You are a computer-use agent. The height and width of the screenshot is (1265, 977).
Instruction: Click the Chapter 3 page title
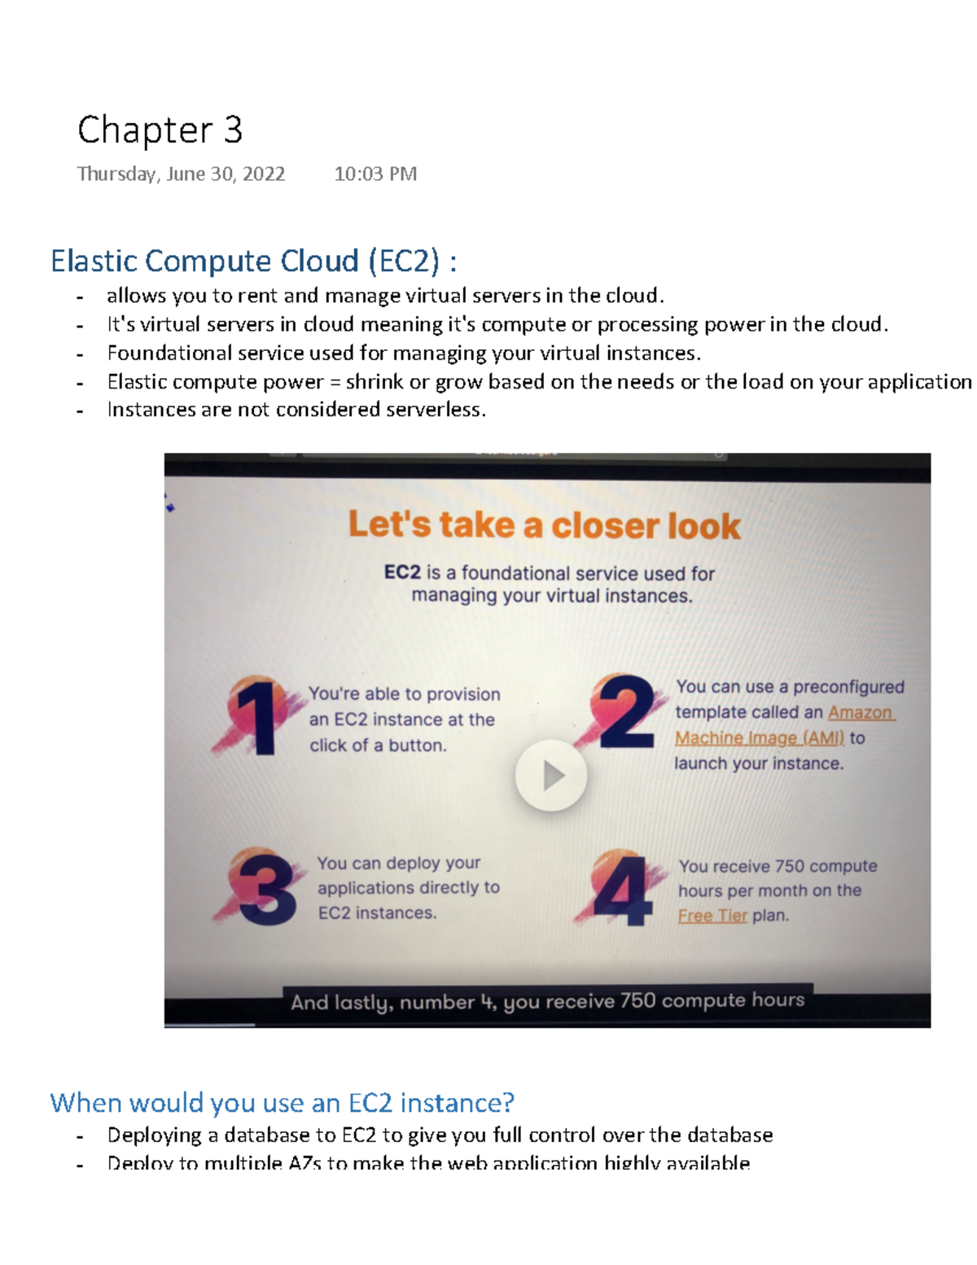[160, 130]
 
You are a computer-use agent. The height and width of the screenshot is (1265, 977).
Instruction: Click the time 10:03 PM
[375, 174]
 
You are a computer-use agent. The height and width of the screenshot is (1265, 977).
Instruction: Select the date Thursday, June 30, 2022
[181, 174]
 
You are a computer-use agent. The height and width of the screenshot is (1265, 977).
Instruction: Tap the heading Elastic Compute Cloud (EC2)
[252, 261]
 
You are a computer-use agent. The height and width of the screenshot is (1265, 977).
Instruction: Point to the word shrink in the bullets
[374, 382]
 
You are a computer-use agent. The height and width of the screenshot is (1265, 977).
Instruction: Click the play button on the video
[551, 775]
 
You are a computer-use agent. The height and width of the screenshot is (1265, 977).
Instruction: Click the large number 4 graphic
[621, 889]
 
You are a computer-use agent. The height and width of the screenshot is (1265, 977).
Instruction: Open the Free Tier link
[712, 916]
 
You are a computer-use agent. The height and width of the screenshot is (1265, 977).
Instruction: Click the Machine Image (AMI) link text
[759, 738]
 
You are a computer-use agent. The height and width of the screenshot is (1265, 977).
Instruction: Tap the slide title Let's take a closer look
[544, 525]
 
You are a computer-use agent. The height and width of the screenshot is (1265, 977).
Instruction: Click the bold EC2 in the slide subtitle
[402, 573]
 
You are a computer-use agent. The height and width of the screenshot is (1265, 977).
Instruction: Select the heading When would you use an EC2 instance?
[282, 1103]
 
